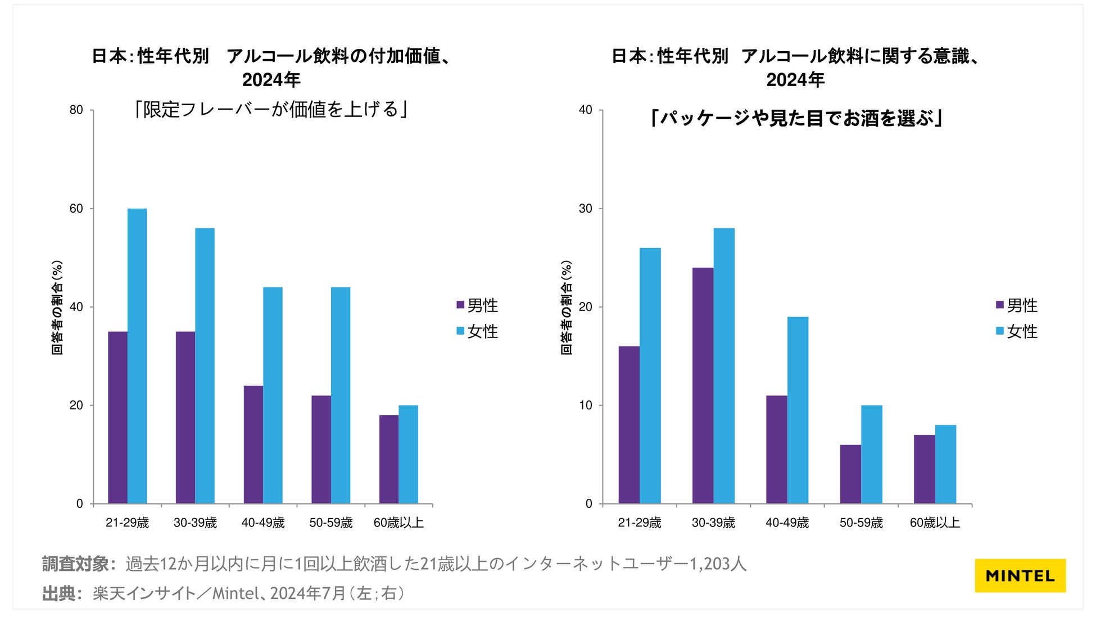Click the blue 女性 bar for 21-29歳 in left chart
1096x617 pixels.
coord(137,356)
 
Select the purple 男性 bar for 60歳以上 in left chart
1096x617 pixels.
coord(389,459)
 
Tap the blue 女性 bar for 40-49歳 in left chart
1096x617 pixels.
coord(273,395)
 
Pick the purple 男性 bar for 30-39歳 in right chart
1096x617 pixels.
coord(703,385)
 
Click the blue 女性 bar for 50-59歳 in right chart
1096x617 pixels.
coord(872,454)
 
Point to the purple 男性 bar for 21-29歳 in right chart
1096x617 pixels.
coord(629,425)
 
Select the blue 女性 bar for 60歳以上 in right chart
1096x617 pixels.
coord(945,464)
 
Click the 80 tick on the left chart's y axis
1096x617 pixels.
coord(76,110)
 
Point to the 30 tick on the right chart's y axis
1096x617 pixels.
coord(586,209)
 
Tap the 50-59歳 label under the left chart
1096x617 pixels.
coord(331,523)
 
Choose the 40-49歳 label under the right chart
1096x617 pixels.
coord(787,523)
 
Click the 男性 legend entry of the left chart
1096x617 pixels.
coord(478,305)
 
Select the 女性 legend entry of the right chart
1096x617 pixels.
coord(1017,331)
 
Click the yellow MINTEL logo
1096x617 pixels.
coord(1020,575)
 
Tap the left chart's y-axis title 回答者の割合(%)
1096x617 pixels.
coord(57,307)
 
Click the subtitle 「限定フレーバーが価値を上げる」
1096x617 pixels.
coord(270,109)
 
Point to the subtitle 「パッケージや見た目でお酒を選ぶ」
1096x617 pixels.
coord(795,118)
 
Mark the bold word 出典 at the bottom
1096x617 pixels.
coord(59,593)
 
